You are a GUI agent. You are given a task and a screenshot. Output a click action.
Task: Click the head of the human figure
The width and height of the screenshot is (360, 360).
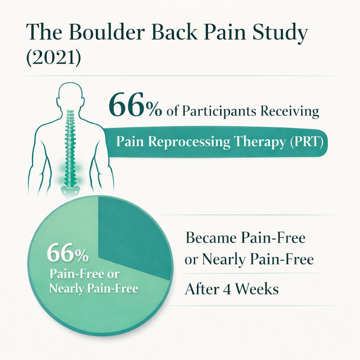70,95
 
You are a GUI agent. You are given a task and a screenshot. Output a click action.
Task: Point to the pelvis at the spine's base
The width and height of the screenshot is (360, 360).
70,192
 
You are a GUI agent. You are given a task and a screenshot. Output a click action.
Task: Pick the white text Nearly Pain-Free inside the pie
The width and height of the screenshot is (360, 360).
94,288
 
